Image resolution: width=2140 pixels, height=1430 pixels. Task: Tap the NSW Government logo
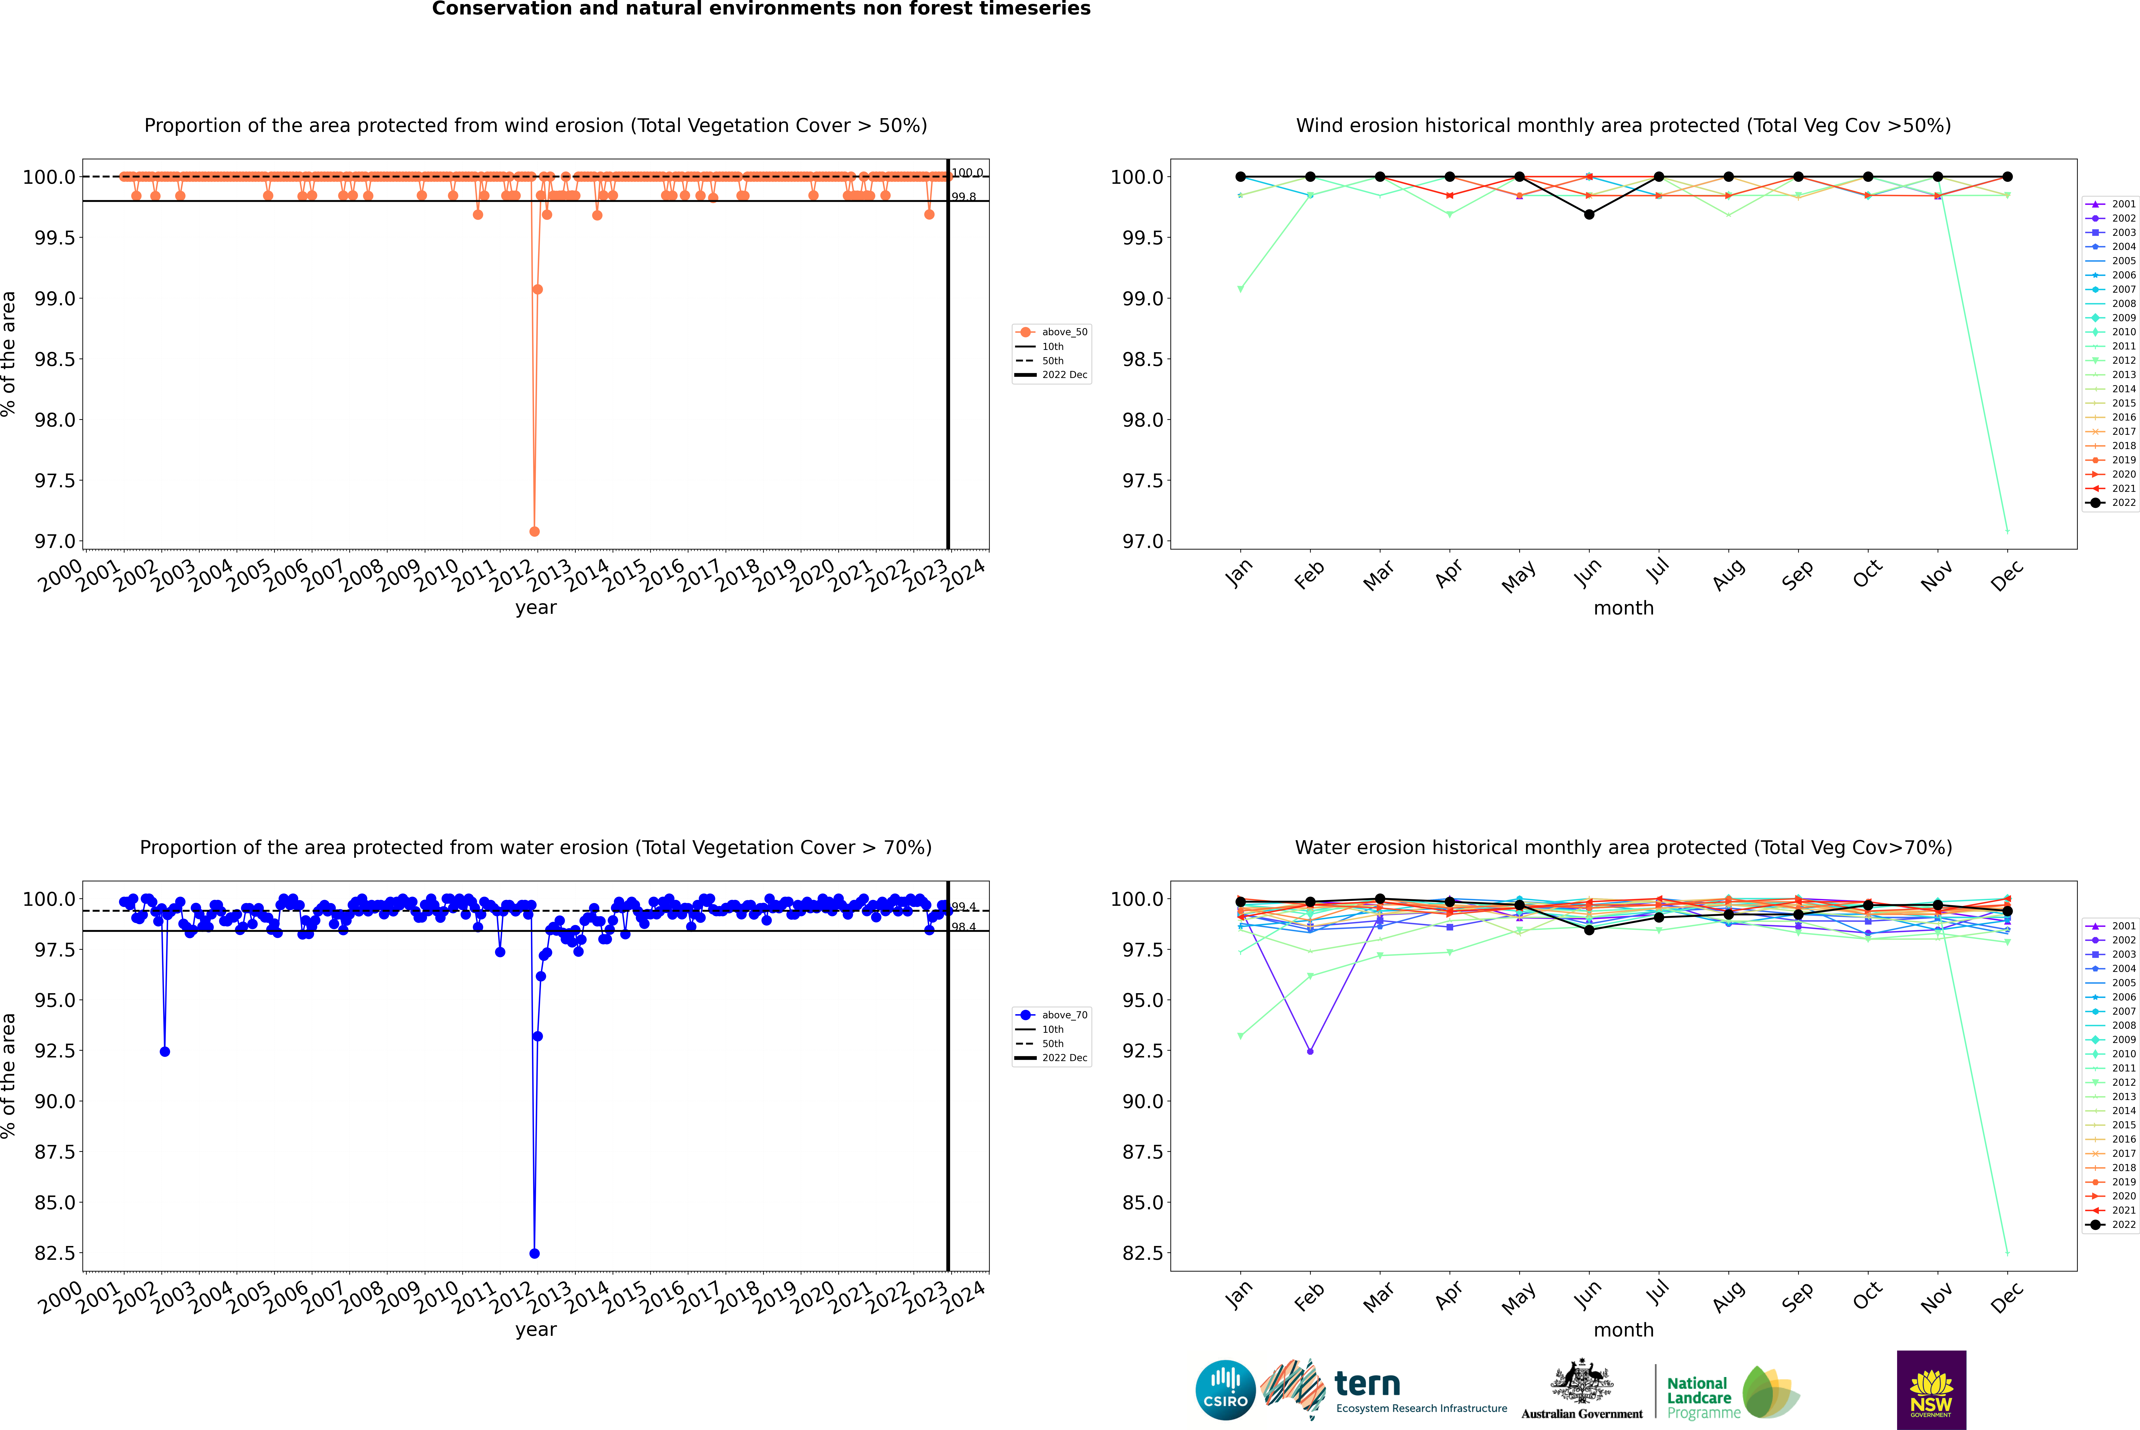tap(1931, 1390)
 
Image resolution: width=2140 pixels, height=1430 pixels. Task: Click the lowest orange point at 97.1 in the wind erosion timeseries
tap(534, 531)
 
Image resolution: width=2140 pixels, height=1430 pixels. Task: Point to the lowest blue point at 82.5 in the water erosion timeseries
tap(534, 1253)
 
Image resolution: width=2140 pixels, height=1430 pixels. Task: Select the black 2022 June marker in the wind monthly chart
tap(1589, 214)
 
